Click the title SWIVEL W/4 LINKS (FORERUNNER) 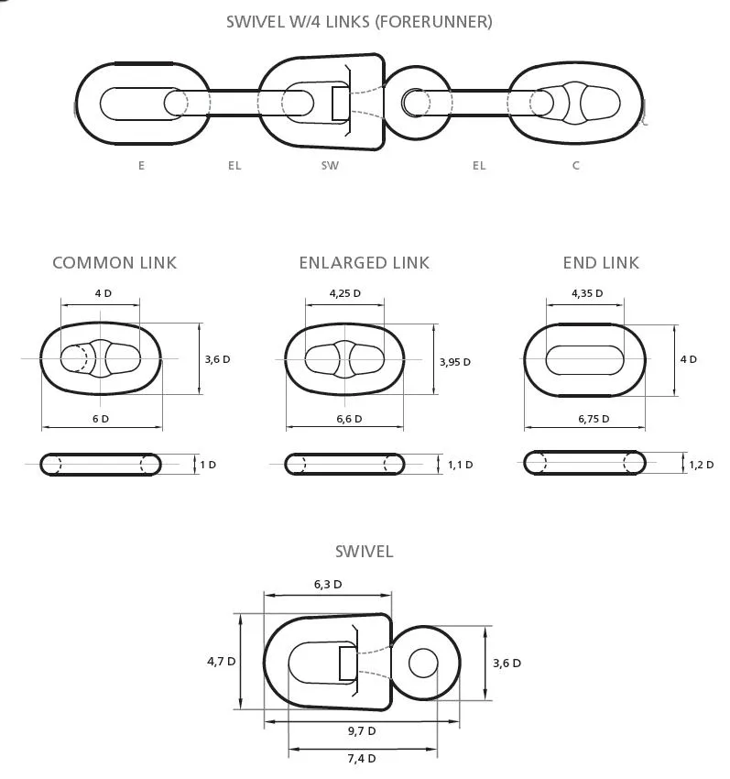click(x=359, y=22)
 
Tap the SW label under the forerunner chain click(x=330, y=166)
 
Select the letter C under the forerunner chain click(x=575, y=166)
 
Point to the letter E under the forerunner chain click(x=142, y=166)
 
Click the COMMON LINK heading click(x=114, y=263)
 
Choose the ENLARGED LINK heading click(x=364, y=263)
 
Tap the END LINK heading click(x=601, y=263)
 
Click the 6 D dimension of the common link click(x=101, y=419)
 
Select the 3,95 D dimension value click(x=455, y=362)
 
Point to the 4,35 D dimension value click(x=587, y=293)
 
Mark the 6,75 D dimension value click(x=594, y=419)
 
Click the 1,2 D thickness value click(x=702, y=465)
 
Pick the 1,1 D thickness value click(x=461, y=465)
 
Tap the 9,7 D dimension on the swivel click(x=362, y=731)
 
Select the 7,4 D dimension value click(x=362, y=759)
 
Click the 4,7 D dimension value click(x=221, y=662)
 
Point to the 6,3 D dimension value click(x=328, y=585)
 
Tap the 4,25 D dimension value click(x=345, y=293)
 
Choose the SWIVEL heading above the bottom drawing click(x=364, y=552)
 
